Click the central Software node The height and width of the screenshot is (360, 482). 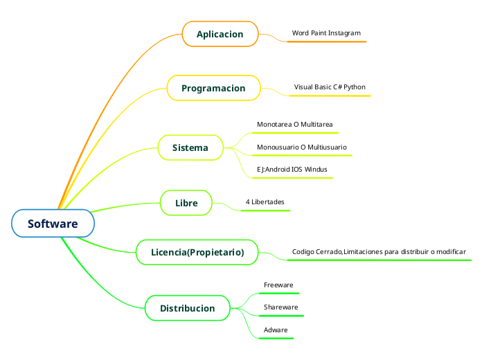[53, 224]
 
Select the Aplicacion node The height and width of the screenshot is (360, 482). [220, 34]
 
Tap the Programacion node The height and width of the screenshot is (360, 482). [213, 88]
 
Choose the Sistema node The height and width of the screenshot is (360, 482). [190, 147]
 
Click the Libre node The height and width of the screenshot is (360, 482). [186, 203]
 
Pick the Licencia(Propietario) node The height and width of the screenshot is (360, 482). [197, 252]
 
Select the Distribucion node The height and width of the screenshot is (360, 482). [187, 308]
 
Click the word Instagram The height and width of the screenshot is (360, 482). [344, 33]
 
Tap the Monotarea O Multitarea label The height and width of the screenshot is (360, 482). [294, 125]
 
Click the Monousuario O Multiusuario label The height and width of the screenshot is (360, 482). [301, 147]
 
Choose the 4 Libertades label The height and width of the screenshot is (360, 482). [265, 201]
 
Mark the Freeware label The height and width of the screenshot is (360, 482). [278, 285]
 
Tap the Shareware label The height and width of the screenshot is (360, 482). [280, 307]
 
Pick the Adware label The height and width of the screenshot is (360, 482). [276, 330]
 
